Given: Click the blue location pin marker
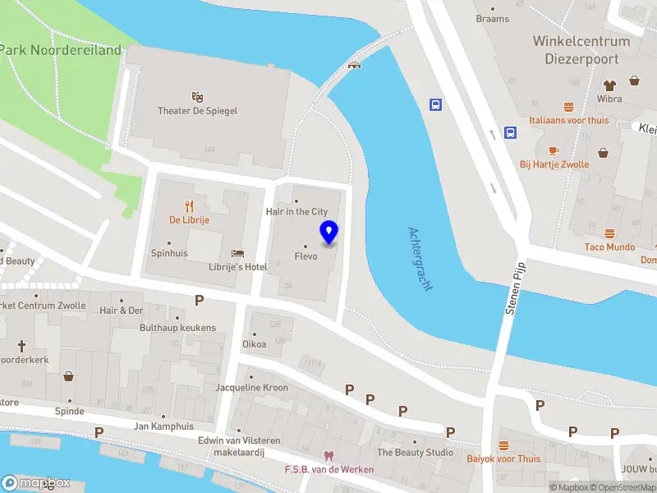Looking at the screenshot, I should (328, 233).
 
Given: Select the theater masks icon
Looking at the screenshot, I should (197, 97).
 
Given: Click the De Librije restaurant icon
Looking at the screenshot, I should (190, 205).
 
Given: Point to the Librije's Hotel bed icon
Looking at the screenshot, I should (238, 253).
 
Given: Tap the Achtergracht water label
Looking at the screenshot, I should (420, 260).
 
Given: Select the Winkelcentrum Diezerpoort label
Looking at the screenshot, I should (581, 50).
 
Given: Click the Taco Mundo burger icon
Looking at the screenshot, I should (609, 233).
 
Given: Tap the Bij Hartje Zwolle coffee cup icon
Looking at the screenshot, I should (554, 150).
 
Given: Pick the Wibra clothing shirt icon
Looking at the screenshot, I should (609, 85).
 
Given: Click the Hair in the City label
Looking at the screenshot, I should (296, 211).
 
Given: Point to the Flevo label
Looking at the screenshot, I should (306, 256).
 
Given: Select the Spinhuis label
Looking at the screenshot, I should (169, 253).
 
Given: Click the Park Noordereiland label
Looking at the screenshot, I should (61, 49).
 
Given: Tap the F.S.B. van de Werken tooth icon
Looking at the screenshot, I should (328, 456).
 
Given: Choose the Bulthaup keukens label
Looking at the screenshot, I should (177, 328).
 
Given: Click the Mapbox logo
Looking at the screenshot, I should (36, 482).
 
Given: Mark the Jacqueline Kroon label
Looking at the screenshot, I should (251, 388).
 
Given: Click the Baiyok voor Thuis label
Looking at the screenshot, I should (504, 458).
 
